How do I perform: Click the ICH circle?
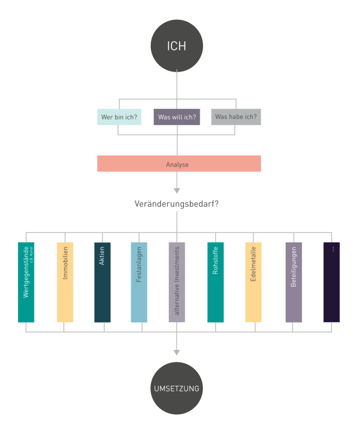tap(176, 45)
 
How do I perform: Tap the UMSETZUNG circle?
tap(176, 388)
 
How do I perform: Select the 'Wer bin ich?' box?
tap(119, 117)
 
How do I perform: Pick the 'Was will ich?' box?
tap(177, 117)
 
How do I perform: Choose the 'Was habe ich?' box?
tap(236, 117)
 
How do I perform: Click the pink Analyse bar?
tap(218, 164)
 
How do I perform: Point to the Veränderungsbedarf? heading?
tap(176, 204)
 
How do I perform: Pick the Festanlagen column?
tap(139, 294)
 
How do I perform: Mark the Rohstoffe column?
tap(215, 294)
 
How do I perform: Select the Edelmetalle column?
tap(253, 294)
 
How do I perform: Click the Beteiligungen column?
tap(294, 294)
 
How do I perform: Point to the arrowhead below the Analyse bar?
tap(177, 190)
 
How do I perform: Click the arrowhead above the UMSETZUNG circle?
tap(177, 353)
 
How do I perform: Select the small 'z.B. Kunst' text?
tap(32, 255)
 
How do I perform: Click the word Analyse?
tap(177, 164)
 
